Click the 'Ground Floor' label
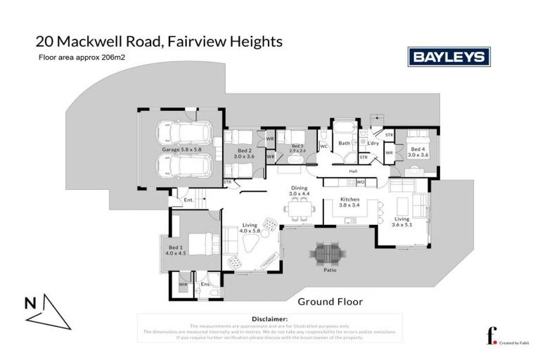point(330,302)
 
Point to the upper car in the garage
point(180,134)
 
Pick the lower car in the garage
point(180,167)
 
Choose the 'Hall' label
point(354,171)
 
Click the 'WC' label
point(323,146)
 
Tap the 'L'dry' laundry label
point(373,143)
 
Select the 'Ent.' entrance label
point(188,201)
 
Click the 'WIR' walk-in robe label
point(183,283)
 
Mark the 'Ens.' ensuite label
point(205,283)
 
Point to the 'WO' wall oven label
point(359,183)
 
